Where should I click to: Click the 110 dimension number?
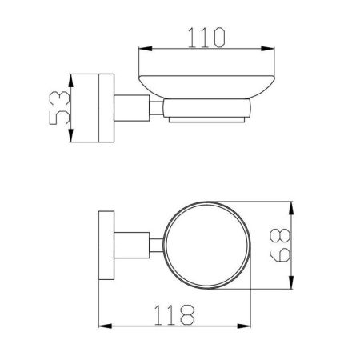point(206,38)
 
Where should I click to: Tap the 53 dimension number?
point(60,108)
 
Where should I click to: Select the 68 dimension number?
point(280,246)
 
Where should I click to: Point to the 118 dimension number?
point(174,315)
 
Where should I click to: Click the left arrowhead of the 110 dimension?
point(146,49)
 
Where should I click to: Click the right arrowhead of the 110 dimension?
point(268,49)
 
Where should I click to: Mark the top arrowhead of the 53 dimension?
point(70,81)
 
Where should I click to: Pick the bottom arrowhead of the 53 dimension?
point(70,135)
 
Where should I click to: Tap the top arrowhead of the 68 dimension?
point(291,208)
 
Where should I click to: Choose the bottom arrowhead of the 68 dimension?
point(291,282)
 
